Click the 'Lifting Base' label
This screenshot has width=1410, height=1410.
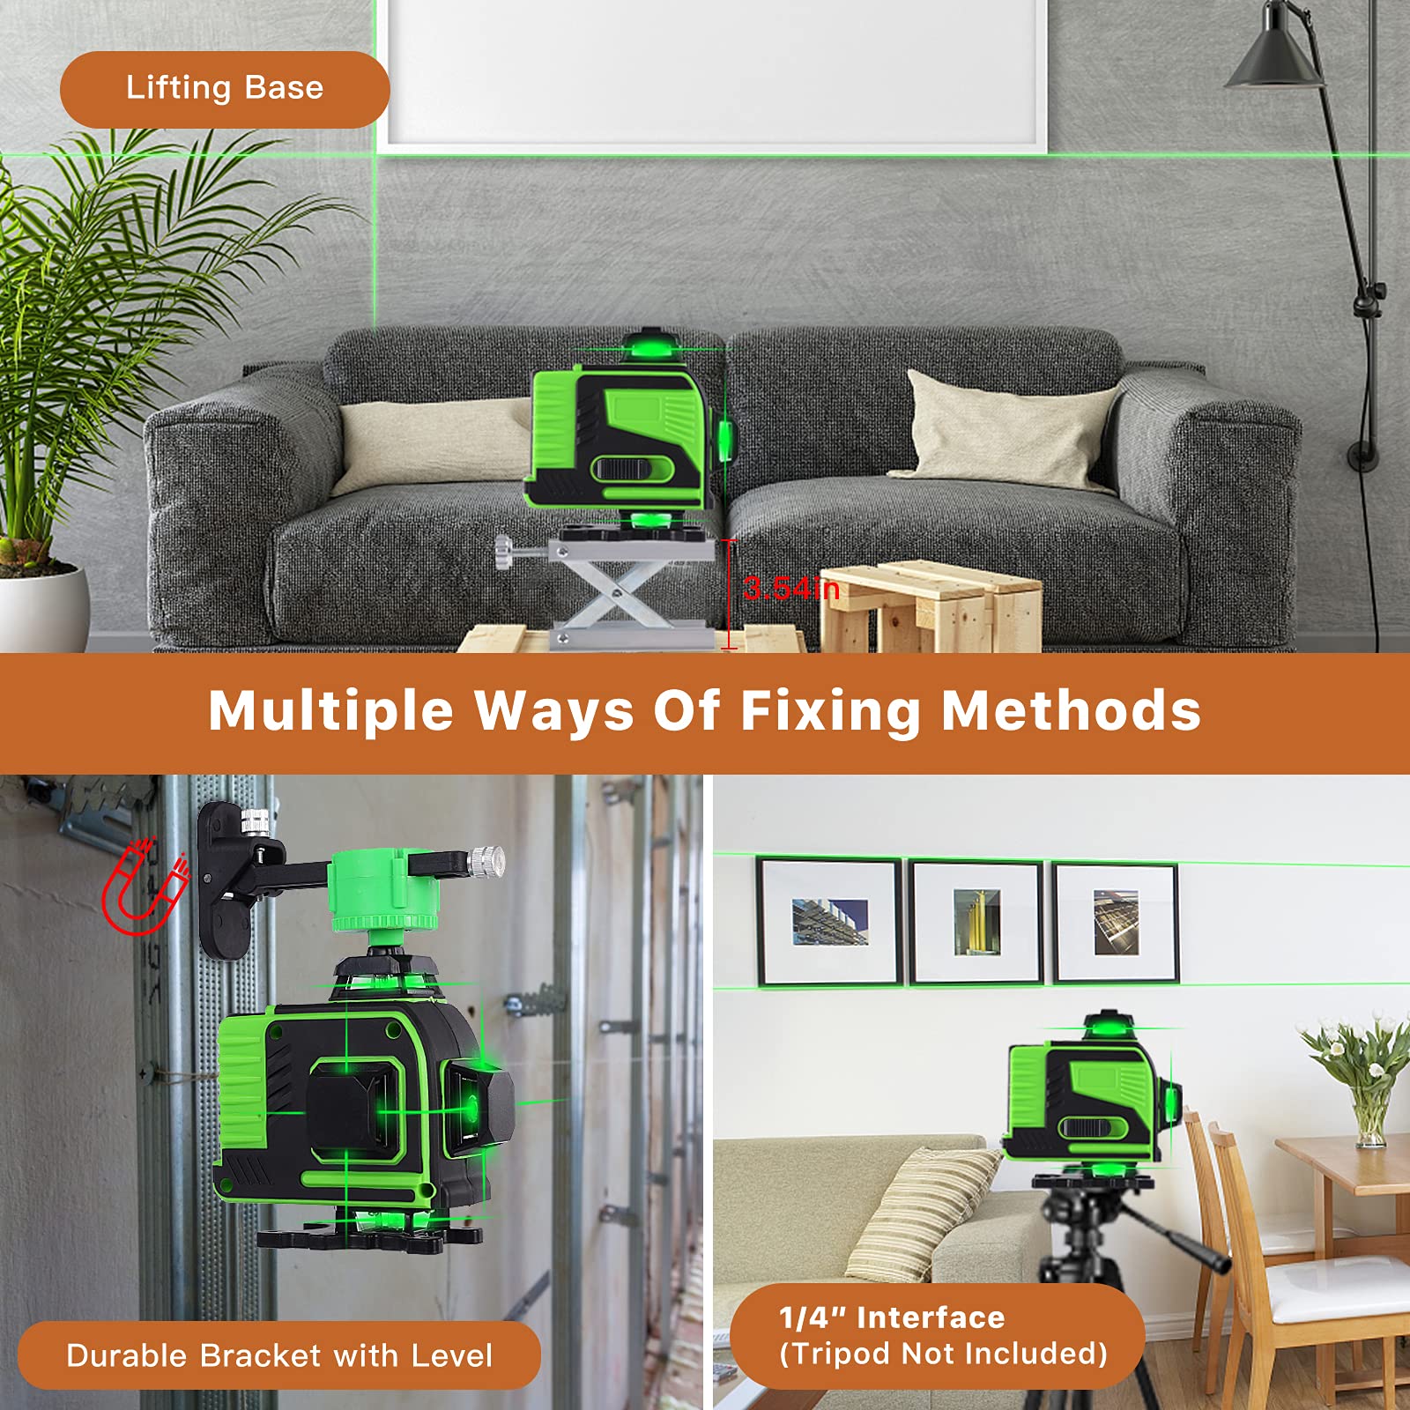pos(225,89)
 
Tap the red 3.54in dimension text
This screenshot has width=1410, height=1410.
pos(790,588)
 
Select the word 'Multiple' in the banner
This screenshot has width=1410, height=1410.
pos(330,710)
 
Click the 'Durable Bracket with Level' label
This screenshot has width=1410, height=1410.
pos(278,1355)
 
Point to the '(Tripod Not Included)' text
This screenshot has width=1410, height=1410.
pos(943,1354)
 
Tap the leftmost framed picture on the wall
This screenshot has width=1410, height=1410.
pos(829,922)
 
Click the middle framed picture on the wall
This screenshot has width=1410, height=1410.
pos(976,922)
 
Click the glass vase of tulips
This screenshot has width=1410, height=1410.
pos(1370,1119)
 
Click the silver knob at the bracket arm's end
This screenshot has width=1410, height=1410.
pos(486,858)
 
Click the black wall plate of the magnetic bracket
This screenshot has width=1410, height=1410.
pos(225,881)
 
